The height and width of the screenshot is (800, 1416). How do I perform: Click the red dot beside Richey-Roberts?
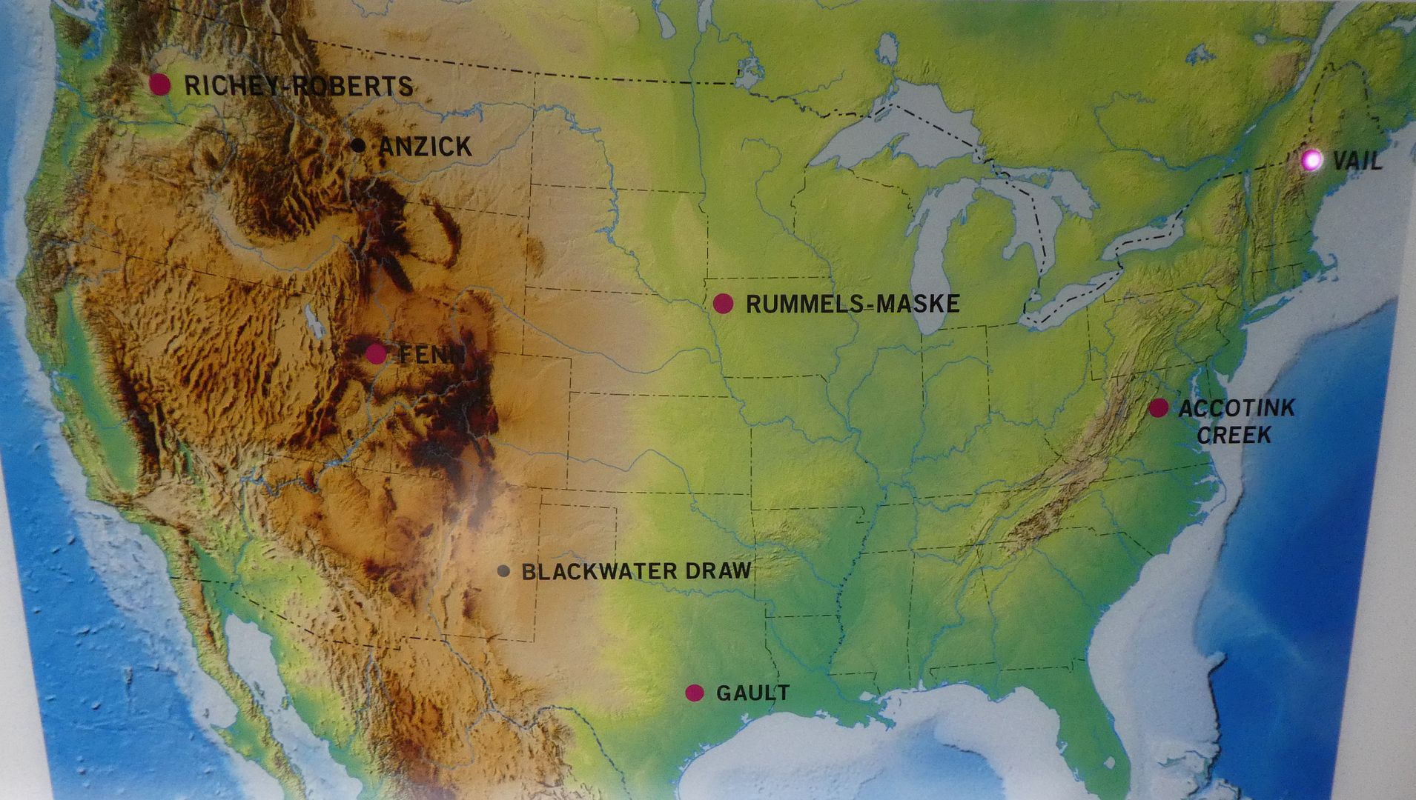159,84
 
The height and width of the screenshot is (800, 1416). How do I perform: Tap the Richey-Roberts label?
298,86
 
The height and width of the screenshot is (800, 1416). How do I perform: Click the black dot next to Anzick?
359,145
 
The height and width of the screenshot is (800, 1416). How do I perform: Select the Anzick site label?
425,147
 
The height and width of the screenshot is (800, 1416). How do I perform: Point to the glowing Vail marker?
1311,159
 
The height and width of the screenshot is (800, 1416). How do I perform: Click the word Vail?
1357,161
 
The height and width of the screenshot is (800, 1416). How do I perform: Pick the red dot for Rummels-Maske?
723,303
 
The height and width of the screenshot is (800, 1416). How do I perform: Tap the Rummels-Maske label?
853,304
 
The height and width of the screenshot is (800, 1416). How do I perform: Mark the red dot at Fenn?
376,353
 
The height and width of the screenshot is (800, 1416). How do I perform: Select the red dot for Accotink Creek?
1158,407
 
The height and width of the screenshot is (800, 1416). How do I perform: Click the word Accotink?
1236,408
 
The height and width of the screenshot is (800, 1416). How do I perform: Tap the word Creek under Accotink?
1234,435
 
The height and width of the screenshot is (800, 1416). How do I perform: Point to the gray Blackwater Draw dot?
503,571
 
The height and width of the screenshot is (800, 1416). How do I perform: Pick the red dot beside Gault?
694,693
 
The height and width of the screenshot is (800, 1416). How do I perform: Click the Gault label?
752,693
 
